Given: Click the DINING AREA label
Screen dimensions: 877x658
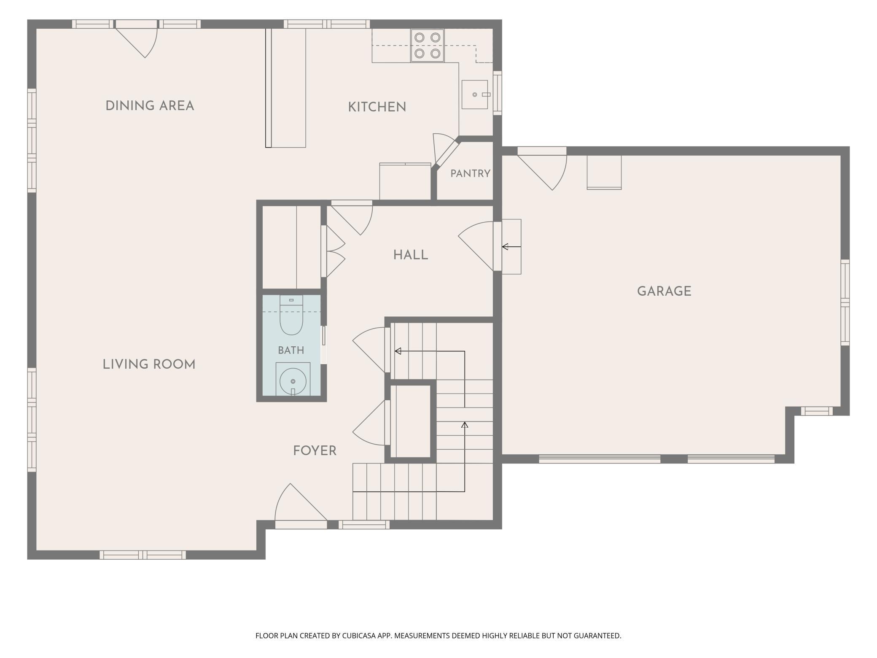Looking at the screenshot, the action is coord(150,105).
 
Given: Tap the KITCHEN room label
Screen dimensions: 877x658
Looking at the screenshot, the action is coord(377,107).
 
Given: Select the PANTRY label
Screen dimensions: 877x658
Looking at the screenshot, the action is coord(470,173).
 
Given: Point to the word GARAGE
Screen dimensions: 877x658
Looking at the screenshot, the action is coord(664,291).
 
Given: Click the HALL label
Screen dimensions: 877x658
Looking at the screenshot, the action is coord(411,255).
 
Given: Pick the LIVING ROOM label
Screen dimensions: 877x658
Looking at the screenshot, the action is coord(149,364).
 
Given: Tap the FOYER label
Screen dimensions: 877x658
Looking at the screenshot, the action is coord(315,451).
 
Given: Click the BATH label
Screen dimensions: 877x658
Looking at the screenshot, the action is coord(291,350).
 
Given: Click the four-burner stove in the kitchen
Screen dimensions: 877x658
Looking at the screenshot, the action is coord(428,46).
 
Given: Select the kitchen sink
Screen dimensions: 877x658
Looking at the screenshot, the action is coord(475,94).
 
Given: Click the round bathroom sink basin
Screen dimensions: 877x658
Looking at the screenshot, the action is coord(293,381).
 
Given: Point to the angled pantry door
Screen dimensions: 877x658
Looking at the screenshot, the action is coord(446,153).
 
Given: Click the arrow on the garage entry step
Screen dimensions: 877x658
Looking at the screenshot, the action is coord(511,247).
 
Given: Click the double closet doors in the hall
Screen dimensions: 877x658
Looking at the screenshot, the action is coord(333,252).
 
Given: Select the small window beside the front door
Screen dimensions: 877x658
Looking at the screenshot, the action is coord(364,525).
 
